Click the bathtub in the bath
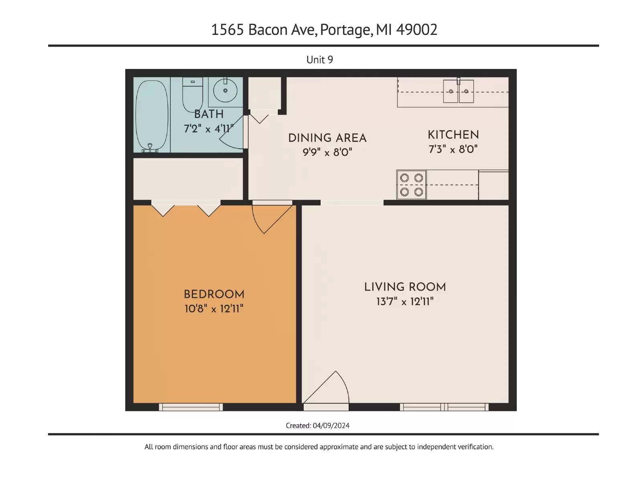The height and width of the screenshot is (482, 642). (x=152, y=116)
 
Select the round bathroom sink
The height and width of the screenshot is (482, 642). (x=225, y=90)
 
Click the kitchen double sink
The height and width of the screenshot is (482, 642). (x=458, y=91)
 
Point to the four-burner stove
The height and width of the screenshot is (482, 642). (x=411, y=185)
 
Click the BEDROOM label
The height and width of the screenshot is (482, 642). (x=214, y=294)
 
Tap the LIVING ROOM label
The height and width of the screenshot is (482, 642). (x=405, y=287)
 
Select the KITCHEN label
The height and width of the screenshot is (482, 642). (x=453, y=135)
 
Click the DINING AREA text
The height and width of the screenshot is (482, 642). (x=327, y=138)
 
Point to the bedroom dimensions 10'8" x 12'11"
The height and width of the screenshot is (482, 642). (x=214, y=309)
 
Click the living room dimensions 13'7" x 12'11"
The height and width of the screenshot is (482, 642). (x=405, y=301)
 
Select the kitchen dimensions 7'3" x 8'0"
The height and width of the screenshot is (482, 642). (x=453, y=149)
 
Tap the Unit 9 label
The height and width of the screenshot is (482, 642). (x=319, y=60)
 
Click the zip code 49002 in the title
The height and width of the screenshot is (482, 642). (x=416, y=30)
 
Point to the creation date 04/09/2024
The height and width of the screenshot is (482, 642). (x=331, y=425)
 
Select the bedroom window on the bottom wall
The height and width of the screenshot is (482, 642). (x=191, y=407)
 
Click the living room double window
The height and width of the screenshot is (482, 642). (x=444, y=407)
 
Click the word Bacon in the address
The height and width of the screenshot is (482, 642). (x=268, y=30)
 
